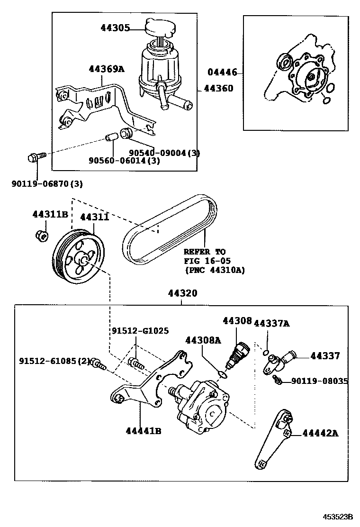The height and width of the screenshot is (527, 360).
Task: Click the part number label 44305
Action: coord(115,28)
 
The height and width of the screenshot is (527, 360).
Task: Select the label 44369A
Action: coord(106,69)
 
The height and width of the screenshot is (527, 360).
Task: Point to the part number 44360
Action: coord(218,88)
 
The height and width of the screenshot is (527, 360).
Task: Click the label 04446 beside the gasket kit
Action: coord(222,72)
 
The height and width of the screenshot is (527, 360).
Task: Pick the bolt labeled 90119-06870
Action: coord(36,156)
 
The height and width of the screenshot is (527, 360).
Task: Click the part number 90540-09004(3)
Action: coord(164,153)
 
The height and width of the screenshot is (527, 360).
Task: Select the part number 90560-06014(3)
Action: coord(124,161)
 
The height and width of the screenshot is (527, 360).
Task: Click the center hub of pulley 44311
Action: coord(82,260)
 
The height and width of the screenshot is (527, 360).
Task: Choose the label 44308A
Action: coord(203,340)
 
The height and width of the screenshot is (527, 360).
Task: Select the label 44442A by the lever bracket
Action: coord(320,433)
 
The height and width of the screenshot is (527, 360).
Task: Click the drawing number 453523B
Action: coord(338,517)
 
